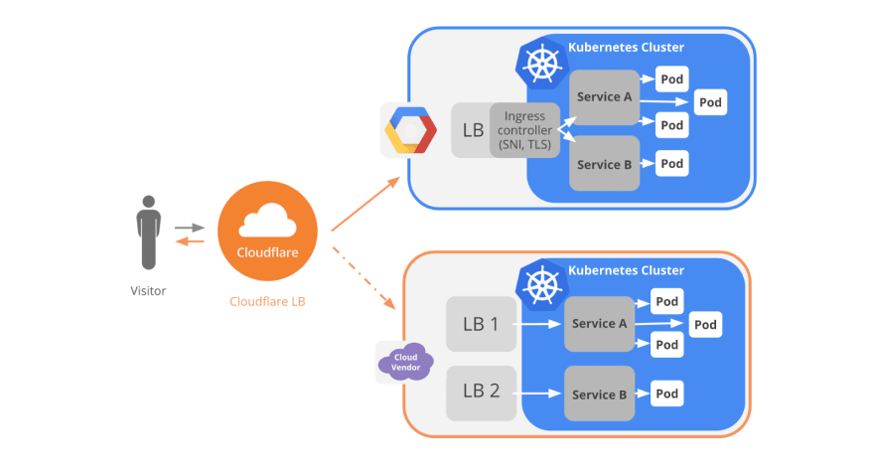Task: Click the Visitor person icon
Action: (148, 233)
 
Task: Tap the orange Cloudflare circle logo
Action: (267, 231)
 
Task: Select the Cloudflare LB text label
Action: (267, 301)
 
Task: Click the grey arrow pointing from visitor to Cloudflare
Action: (190, 228)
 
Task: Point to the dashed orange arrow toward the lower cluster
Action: (364, 277)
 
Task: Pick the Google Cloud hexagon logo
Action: (410, 130)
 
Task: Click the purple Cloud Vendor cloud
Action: (405, 363)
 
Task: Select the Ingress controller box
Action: (524, 130)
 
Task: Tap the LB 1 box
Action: (481, 324)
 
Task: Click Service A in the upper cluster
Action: (604, 97)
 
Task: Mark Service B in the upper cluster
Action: (604, 164)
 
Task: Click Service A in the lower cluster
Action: (599, 324)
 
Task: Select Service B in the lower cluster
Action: (599, 393)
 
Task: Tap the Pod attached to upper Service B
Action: (672, 163)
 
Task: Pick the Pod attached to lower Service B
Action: (667, 393)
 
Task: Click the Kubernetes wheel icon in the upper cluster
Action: (542, 64)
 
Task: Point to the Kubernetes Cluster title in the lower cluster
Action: (626, 270)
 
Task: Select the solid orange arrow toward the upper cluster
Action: (365, 204)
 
